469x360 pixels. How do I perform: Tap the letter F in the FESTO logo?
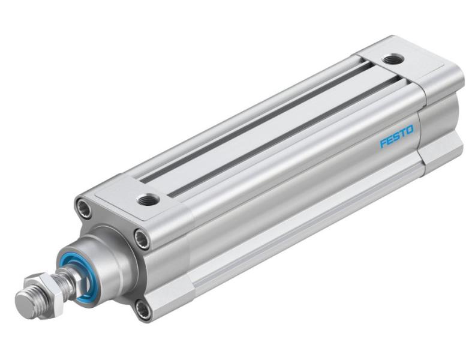pos(383,143)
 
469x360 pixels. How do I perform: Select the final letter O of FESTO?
pos(409,130)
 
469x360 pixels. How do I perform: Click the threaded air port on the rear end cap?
pos(393,59)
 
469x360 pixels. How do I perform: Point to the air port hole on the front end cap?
pos(148,199)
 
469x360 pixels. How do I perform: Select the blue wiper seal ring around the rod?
pos(72,277)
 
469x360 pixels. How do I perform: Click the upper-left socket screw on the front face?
pos(83,208)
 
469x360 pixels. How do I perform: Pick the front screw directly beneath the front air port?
pos(142,239)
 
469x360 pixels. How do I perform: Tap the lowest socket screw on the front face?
pos(143,310)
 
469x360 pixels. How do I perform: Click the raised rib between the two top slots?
pos(270,131)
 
